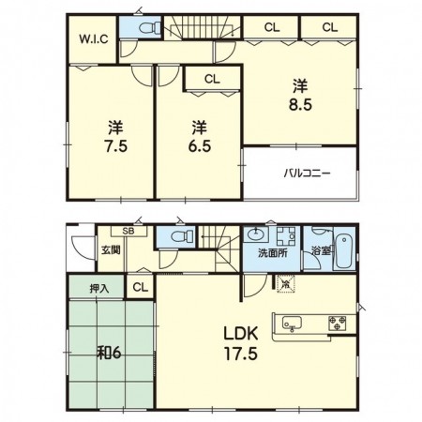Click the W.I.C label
click(x=94, y=39)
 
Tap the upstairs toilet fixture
click(x=149, y=28)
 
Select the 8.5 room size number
click(x=300, y=105)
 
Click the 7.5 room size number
click(x=115, y=146)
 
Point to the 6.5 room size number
click(x=200, y=146)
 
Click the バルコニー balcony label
click(x=307, y=173)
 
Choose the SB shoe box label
click(x=128, y=232)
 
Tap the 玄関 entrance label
click(x=111, y=250)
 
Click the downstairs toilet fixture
click(x=182, y=236)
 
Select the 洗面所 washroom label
click(x=273, y=253)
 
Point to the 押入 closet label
click(x=99, y=289)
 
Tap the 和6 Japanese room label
click(x=109, y=354)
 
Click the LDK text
click(x=240, y=334)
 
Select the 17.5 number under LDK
click(x=240, y=354)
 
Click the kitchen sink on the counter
click(x=292, y=323)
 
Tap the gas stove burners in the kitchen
click(x=337, y=324)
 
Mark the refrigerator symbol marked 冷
click(x=286, y=284)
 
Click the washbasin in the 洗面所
click(x=256, y=234)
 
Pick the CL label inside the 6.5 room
click(x=212, y=80)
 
